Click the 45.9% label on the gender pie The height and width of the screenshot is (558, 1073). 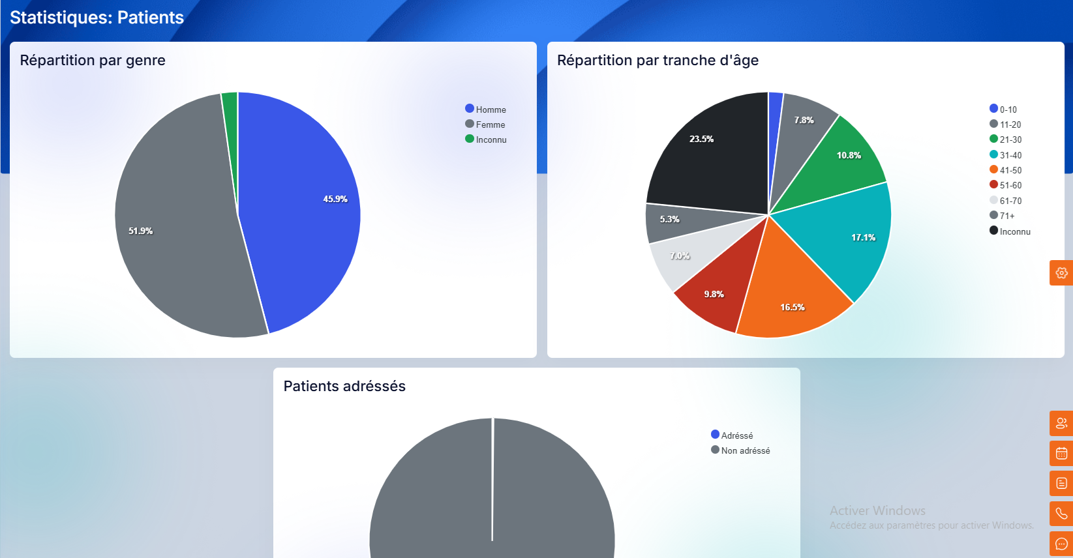[335, 199]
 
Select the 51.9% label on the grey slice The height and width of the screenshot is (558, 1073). [140, 231]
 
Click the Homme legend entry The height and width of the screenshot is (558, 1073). [486, 110]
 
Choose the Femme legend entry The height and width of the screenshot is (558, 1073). [485, 125]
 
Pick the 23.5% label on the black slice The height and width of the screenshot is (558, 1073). [701, 139]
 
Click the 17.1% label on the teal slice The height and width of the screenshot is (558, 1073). [863, 237]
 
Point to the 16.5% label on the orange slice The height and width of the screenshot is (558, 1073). [793, 307]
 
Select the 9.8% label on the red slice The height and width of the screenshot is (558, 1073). [714, 294]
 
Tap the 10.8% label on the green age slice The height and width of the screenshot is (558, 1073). [849, 155]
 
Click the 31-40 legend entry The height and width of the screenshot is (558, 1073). [1006, 155]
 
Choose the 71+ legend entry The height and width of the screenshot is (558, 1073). [1003, 216]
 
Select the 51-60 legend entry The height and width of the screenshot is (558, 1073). [1006, 185]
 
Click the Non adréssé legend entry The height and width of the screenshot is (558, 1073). [741, 450]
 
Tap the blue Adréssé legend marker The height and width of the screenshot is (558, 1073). [715, 434]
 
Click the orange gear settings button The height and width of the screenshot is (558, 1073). [1061, 272]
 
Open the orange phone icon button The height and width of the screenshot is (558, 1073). [1061, 514]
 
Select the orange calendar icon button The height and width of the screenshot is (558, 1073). [1061, 453]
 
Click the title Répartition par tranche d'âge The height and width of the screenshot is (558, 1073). [657, 60]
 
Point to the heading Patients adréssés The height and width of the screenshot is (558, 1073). [344, 386]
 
